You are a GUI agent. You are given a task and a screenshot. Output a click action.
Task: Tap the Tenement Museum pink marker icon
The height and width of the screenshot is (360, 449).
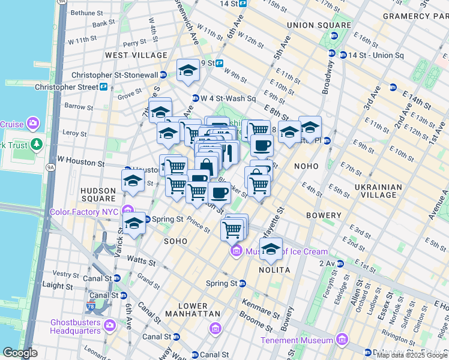click(x=342, y=340)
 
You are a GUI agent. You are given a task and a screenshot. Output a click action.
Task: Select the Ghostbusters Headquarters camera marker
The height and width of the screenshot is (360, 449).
click(x=109, y=325)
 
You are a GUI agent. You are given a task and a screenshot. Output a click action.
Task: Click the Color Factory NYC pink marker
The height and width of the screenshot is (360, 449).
click(x=127, y=211)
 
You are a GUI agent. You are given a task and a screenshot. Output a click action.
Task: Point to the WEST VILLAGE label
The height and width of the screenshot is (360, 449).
click(x=128, y=55)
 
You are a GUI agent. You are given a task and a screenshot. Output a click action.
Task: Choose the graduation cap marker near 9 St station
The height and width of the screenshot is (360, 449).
click(x=188, y=70)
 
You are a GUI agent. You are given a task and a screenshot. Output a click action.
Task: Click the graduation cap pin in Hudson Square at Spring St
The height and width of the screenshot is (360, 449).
click(x=134, y=224)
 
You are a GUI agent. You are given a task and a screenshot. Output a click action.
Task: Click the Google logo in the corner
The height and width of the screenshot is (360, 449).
click(x=20, y=353)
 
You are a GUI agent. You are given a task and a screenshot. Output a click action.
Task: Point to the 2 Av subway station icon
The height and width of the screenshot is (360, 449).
click(x=340, y=263)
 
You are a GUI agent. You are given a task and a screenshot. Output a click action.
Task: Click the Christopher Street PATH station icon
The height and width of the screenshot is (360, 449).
click(x=104, y=87)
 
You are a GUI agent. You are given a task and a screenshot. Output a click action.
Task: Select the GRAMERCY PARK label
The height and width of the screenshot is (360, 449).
click(x=414, y=16)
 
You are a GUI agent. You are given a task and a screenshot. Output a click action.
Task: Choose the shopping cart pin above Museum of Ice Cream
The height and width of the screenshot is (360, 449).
click(x=232, y=229)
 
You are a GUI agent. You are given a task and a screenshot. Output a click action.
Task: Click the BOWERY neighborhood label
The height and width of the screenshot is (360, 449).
click(x=324, y=214)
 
